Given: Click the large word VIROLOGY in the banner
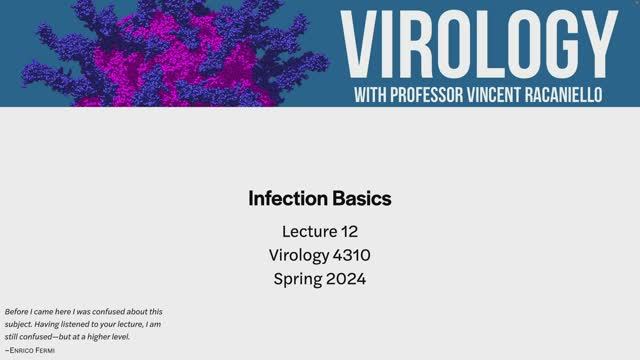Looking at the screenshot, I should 478,45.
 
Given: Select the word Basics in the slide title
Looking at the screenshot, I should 362,198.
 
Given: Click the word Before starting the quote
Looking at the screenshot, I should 17,312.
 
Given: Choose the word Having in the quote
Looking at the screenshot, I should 48,324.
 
